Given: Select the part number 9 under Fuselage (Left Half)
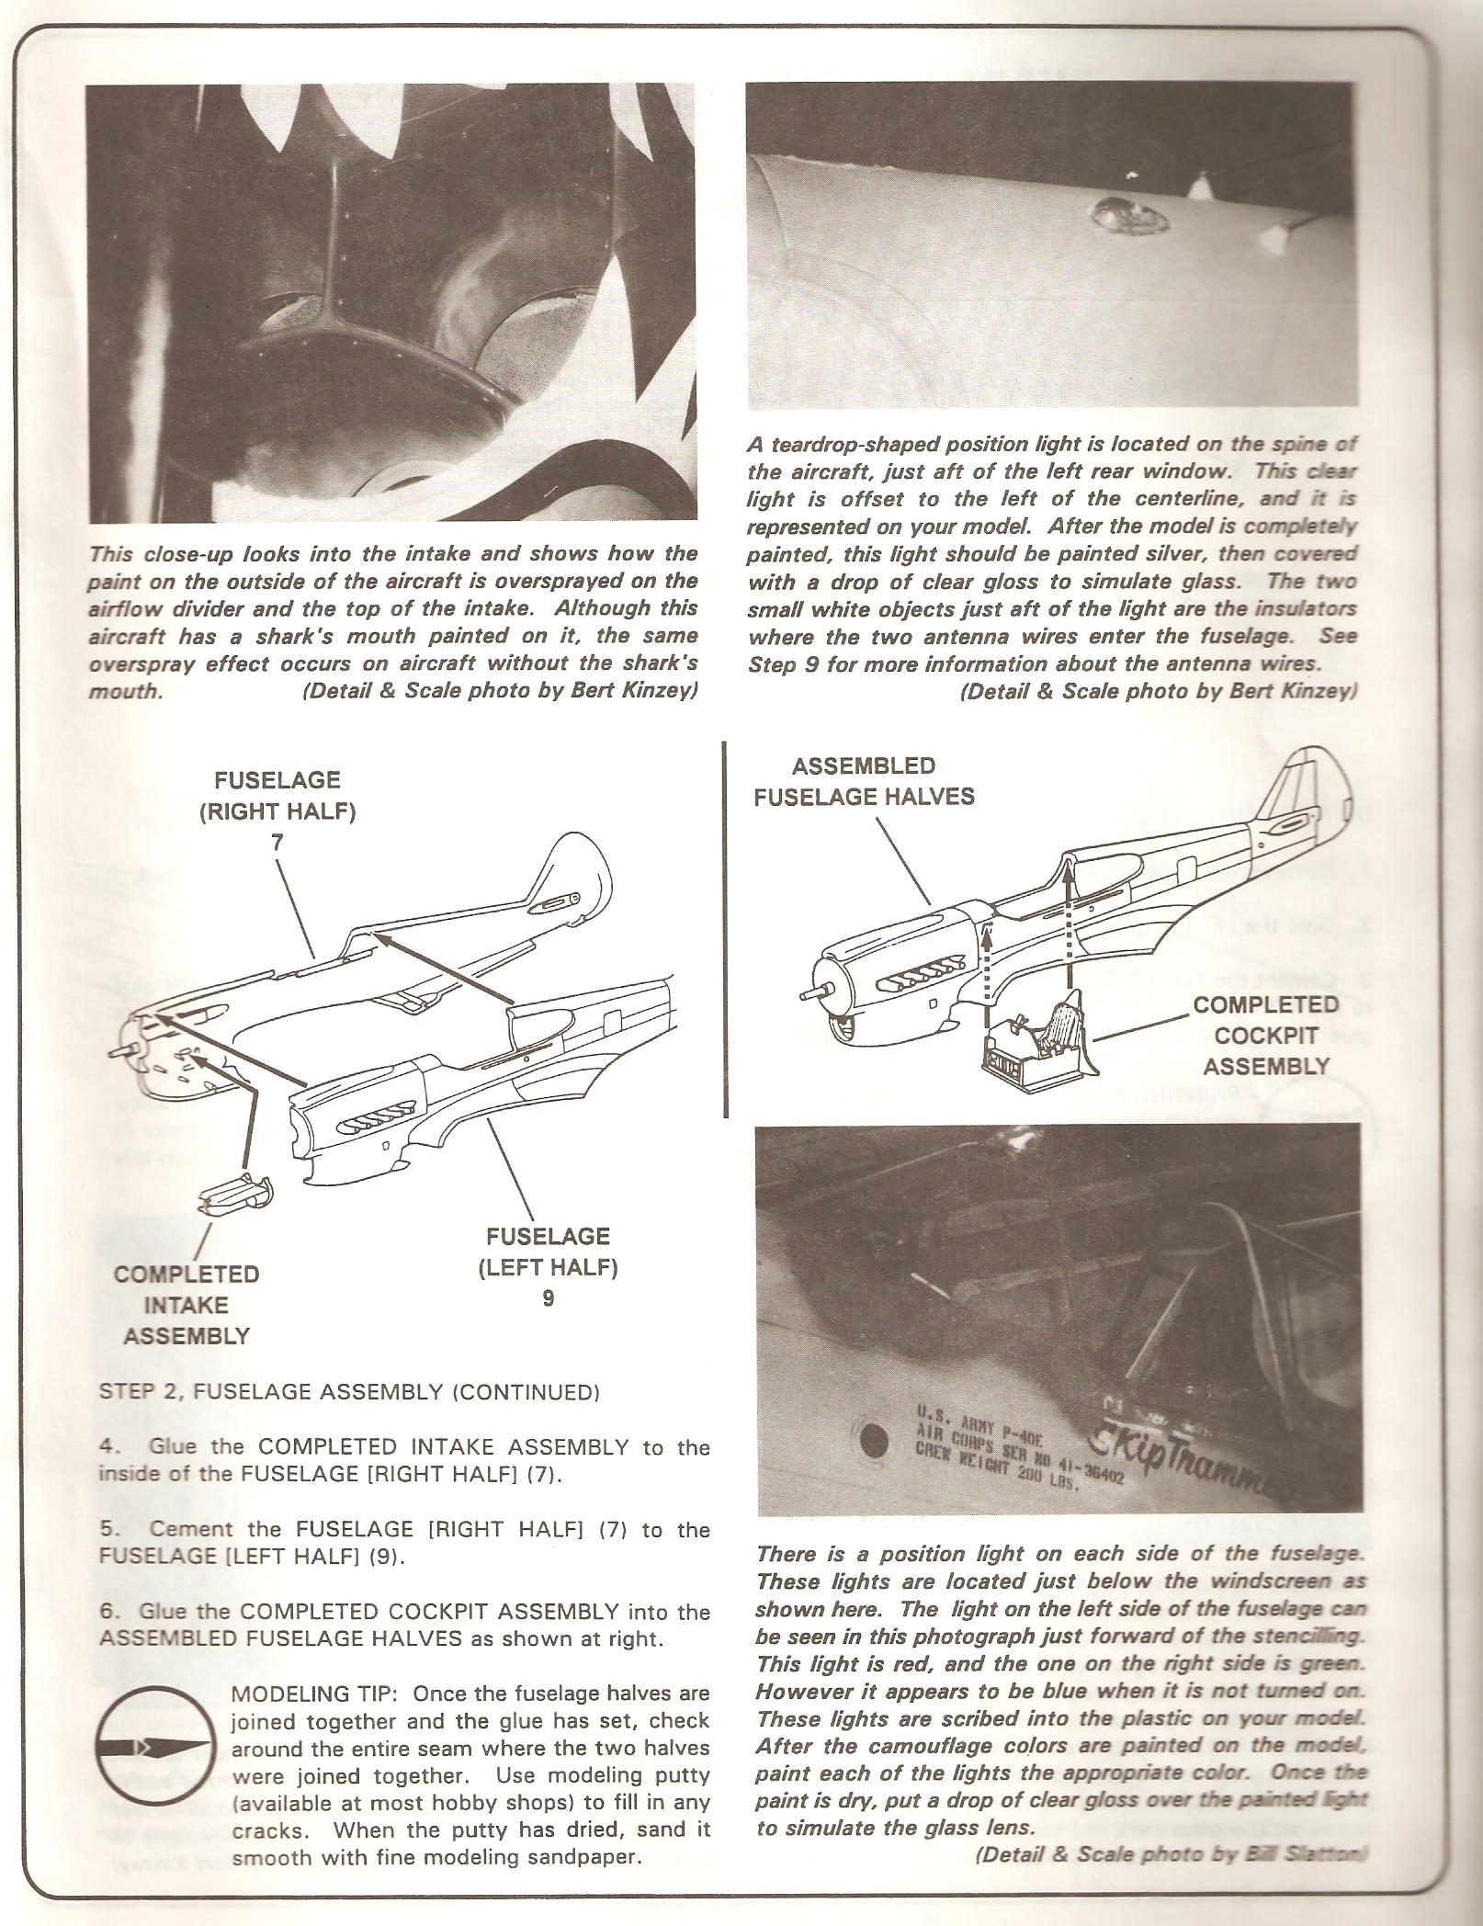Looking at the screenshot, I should coord(548,1299).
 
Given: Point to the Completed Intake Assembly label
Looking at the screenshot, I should coord(186,1305).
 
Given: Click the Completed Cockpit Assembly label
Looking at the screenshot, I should coord(1265,1036).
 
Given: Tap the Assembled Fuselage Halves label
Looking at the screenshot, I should coord(864,781).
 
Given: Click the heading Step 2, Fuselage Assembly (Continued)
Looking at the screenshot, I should coord(348,1418).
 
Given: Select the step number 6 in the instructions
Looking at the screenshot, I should coord(106,1612).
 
